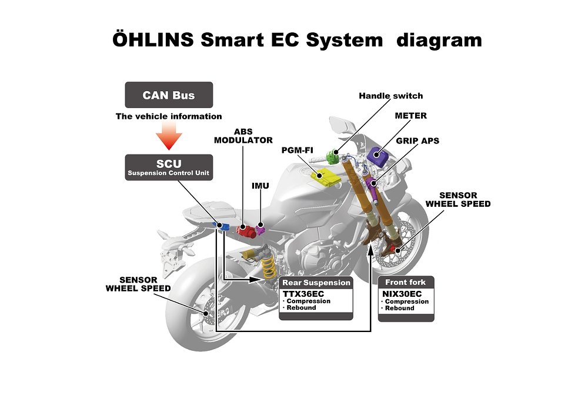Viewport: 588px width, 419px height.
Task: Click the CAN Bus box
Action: tap(169, 95)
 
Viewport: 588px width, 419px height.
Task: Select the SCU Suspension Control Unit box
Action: tap(169, 167)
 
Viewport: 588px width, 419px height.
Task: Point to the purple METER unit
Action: tap(382, 156)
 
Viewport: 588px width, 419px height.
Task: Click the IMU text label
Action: tap(260, 186)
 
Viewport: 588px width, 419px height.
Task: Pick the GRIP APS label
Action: tap(417, 141)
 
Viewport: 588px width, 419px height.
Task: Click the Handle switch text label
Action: tap(390, 96)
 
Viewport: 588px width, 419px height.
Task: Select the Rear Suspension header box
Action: tap(316, 283)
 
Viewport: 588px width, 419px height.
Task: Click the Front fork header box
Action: tap(405, 282)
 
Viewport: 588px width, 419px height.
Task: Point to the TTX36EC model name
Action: tap(303, 293)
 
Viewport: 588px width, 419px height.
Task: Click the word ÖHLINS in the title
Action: tap(152, 41)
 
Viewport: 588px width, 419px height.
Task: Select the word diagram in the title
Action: tap(439, 41)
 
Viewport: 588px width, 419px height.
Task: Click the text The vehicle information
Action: tap(169, 116)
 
